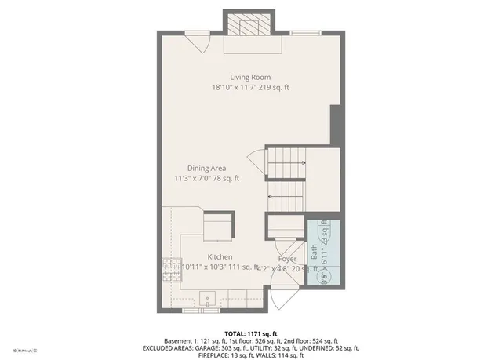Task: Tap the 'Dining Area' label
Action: click(206, 168)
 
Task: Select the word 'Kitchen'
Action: click(220, 257)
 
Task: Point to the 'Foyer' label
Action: click(287, 258)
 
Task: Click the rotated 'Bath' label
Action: click(315, 252)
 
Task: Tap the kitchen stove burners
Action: click(170, 271)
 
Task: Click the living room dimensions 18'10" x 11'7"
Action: click(250, 88)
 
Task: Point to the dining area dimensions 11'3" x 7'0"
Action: click(206, 179)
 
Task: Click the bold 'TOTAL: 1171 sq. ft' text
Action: click(250, 333)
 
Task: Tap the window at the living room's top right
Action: click(304, 33)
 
